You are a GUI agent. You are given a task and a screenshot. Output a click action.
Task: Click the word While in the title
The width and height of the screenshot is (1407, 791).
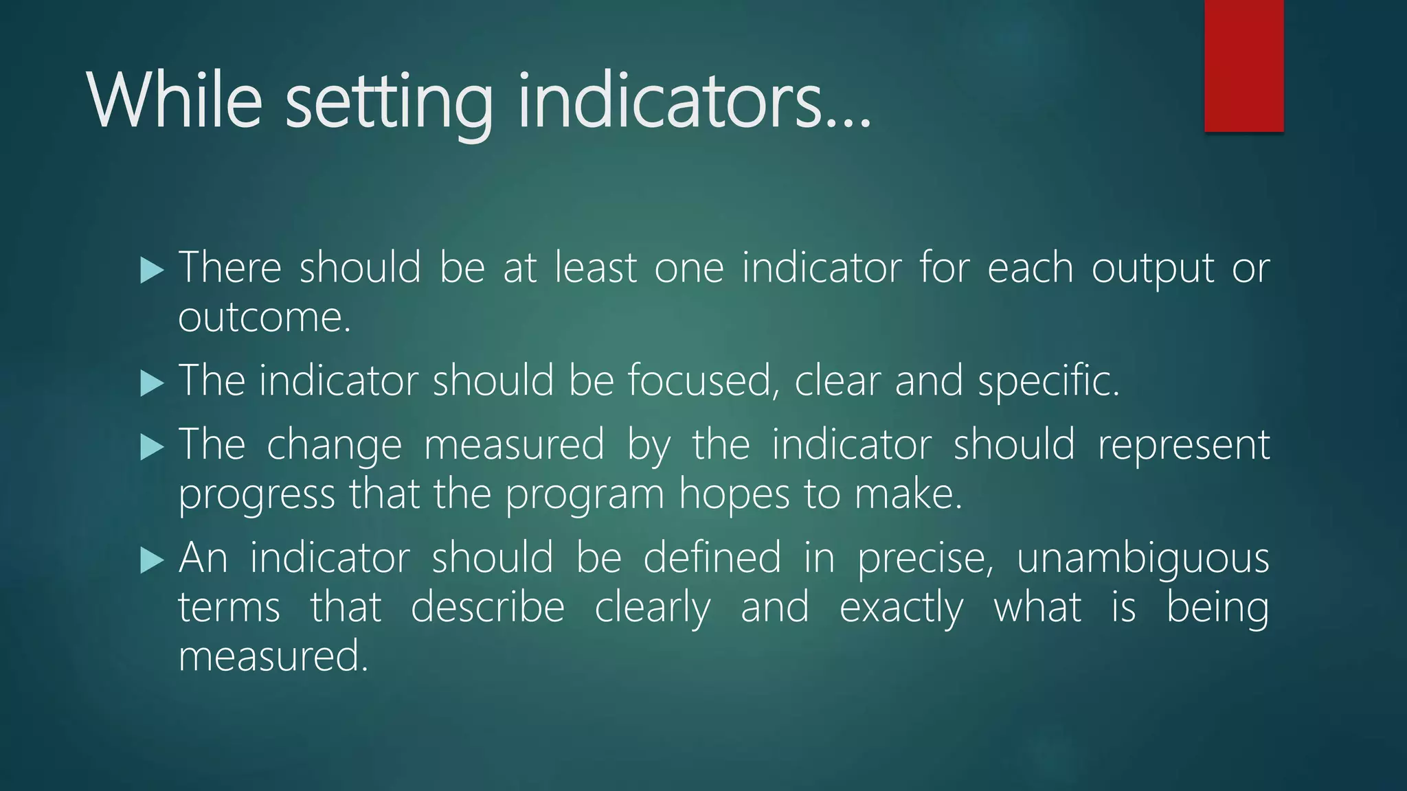tap(175, 102)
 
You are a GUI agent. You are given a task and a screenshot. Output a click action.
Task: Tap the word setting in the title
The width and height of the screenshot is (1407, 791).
tap(389, 103)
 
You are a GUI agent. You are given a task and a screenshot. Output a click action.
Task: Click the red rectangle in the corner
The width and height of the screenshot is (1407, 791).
tap(1243, 65)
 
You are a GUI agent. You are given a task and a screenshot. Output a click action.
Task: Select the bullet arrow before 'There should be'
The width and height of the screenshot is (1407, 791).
tap(152, 270)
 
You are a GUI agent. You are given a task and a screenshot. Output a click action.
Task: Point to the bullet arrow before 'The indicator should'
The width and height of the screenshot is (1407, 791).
tap(152, 382)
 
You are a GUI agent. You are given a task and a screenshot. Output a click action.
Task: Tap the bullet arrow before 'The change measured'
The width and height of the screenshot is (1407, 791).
tap(152, 447)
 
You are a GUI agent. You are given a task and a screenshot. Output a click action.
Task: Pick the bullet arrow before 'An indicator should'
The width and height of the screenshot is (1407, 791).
tap(152, 560)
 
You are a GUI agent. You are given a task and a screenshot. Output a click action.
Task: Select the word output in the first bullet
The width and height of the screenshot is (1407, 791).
tap(1152, 268)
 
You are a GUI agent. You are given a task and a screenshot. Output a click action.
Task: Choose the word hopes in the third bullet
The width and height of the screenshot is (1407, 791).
tap(734, 494)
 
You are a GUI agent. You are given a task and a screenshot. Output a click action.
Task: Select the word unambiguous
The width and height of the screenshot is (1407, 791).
tap(1142, 558)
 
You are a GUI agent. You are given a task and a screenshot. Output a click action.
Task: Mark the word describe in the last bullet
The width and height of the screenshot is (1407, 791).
tap(487, 607)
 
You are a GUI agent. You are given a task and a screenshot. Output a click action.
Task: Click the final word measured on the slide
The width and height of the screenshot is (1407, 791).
tap(273, 656)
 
